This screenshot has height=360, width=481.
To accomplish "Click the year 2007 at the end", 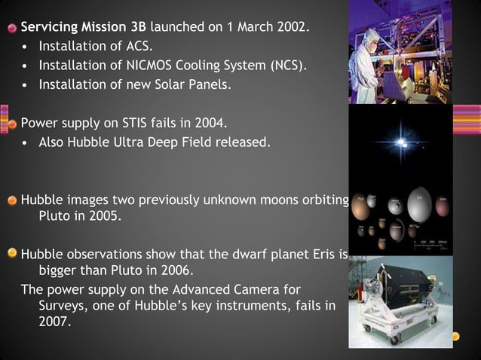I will tap(54, 325).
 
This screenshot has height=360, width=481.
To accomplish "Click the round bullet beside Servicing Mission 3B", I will tap(12, 29).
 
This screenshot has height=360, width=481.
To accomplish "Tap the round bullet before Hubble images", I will tap(12, 200).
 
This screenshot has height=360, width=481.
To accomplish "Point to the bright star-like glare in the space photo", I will tap(399, 145).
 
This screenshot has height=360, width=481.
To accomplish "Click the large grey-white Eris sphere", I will tap(412, 204).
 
